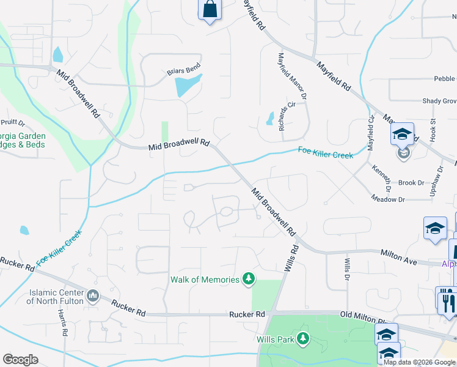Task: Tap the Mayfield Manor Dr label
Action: coord(291,76)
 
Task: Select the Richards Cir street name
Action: coord(287,112)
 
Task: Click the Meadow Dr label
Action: coord(388,199)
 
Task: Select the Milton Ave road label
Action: coord(398,257)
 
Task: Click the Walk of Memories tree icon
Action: coord(248,280)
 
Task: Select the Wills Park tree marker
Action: coord(302,338)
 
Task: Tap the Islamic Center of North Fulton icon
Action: coord(93,296)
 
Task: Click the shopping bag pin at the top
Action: coord(209,10)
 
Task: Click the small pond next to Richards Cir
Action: coord(269,118)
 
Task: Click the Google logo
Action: coord(21,360)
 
